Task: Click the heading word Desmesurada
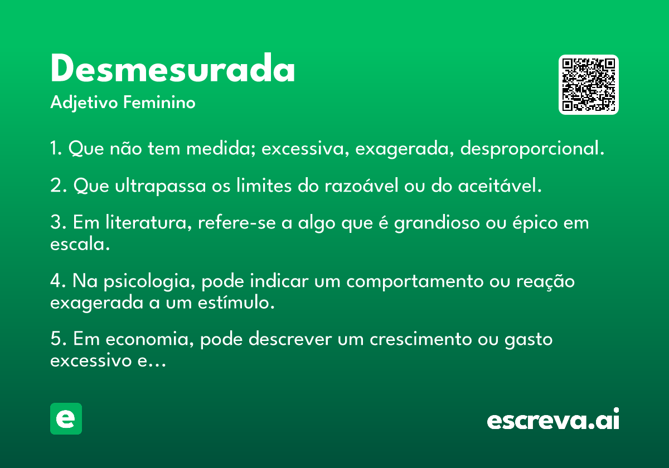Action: [173, 68]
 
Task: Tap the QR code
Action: [588, 85]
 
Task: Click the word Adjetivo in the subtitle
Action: [84, 103]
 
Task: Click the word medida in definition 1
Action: [221, 148]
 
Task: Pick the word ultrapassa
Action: [161, 186]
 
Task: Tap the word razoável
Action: [362, 185]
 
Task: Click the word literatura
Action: [148, 223]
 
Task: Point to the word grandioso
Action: [437, 223]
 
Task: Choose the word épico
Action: [535, 223]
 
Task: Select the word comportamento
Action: [415, 282]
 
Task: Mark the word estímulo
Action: [236, 303]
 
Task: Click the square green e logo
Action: [66, 418]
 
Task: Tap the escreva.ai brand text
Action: [553, 419]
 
